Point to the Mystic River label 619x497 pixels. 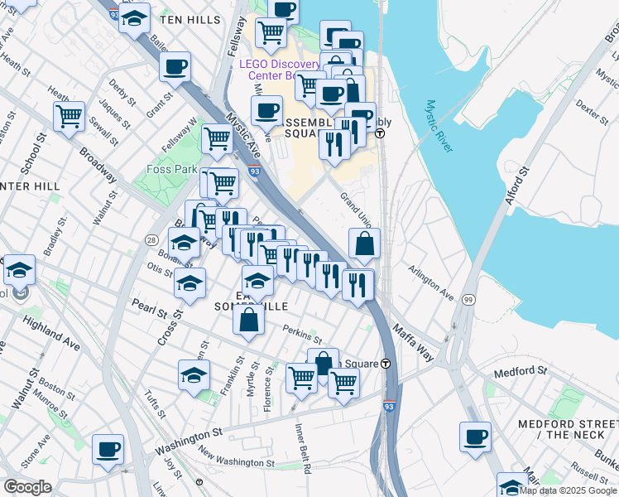coord(439,127)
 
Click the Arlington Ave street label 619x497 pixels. coord(431,282)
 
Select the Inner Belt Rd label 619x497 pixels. coord(303,448)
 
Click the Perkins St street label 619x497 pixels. coord(301,335)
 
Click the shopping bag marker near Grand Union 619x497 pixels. coord(364,244)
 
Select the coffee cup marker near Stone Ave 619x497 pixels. coord(108,449)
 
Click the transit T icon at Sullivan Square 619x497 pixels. coord(386,364)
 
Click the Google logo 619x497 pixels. coord(27,487)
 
